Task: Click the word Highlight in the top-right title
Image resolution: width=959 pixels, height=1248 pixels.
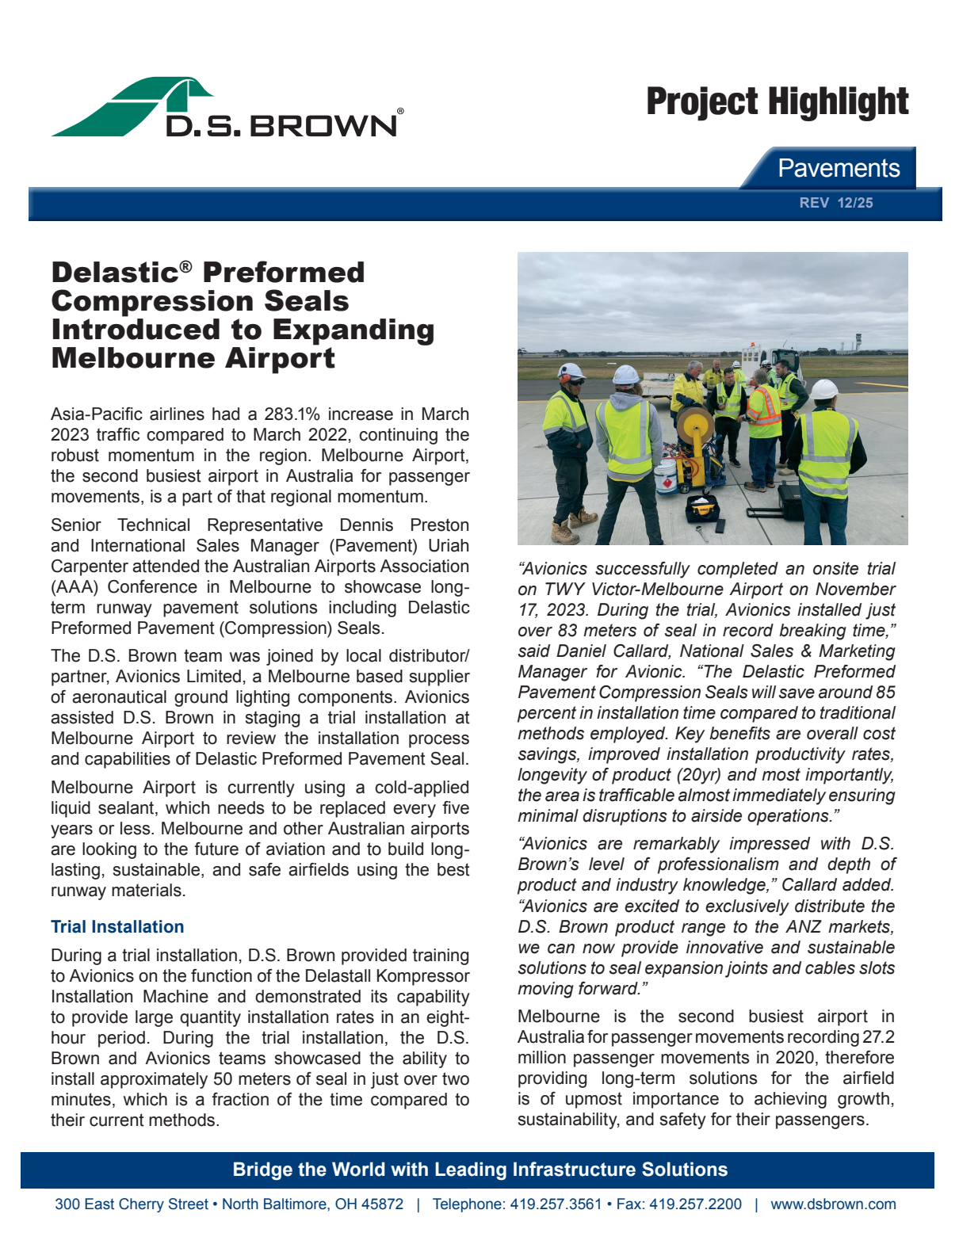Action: (x=839, y=102)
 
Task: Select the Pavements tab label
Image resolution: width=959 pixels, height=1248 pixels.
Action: (x=838, y=168)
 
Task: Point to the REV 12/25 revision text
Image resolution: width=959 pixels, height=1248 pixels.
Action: (x=835, y=203)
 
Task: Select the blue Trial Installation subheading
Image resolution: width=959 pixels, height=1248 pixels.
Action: (x=117, y=927)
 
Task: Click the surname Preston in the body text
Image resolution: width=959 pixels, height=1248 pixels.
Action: (x=439, y=525)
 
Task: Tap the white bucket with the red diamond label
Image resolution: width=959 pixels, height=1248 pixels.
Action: (x=663, y=478)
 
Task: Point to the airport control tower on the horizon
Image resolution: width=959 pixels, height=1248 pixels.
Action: (x=858, y=344)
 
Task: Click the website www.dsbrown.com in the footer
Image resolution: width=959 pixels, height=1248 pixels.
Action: (x=833, y=1204)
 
